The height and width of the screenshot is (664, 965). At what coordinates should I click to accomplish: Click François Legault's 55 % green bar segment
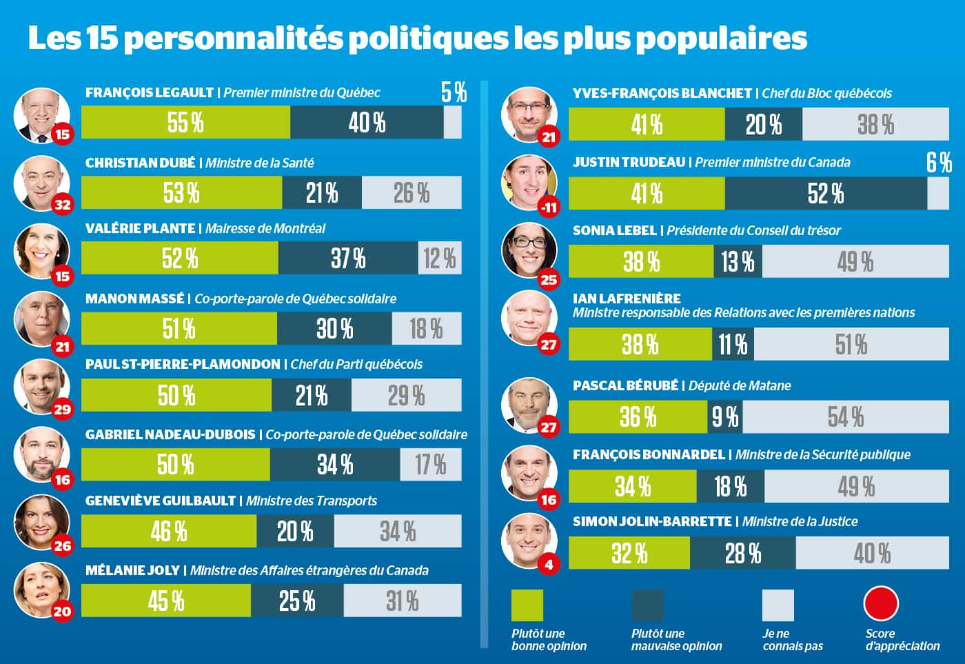point(185,123)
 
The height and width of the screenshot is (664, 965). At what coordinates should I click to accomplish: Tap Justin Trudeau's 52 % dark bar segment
point(826,194)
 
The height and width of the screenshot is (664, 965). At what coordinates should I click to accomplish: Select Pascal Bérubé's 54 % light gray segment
point(846,417)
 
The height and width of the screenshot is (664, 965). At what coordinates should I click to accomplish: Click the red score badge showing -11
point(549,207)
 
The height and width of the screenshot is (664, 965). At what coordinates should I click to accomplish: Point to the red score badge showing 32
point(62,204)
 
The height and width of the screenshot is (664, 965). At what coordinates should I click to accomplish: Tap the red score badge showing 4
point(549,565)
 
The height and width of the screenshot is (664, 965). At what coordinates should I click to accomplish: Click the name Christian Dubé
point(140,163)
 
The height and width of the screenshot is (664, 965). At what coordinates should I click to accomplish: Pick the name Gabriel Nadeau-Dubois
point(170,434)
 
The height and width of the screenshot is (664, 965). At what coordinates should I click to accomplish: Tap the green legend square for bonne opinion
point(527,605)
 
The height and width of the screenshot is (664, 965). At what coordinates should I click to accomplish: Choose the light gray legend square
point(778,605)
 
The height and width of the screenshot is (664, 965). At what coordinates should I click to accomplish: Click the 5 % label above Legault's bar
point(454,92)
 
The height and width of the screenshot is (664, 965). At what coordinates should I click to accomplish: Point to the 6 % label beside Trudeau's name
point(938,163)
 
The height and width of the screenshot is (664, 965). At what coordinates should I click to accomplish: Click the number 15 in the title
point(103,39)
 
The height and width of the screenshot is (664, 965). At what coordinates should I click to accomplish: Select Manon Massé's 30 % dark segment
point(334,329)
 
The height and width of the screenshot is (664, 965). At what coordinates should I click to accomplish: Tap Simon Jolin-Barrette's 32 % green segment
point(629,553)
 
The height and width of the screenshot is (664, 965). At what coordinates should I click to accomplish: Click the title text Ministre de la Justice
point(800,522)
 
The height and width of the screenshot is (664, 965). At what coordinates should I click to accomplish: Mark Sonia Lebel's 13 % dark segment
point(738,262)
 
